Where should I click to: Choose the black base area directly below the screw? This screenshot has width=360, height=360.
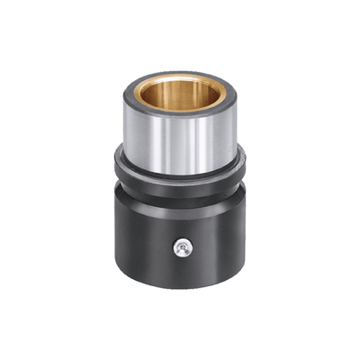183,270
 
